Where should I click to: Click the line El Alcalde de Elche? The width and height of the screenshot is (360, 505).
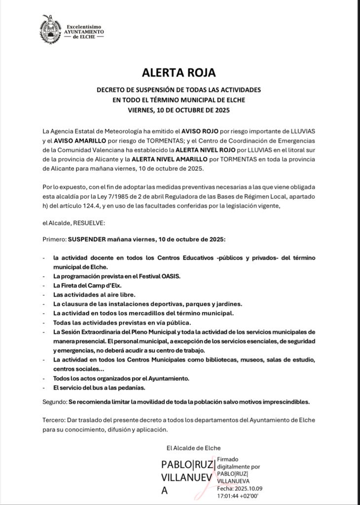click(191, 448)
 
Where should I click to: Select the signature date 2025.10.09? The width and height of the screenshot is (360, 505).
click(245, 488)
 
